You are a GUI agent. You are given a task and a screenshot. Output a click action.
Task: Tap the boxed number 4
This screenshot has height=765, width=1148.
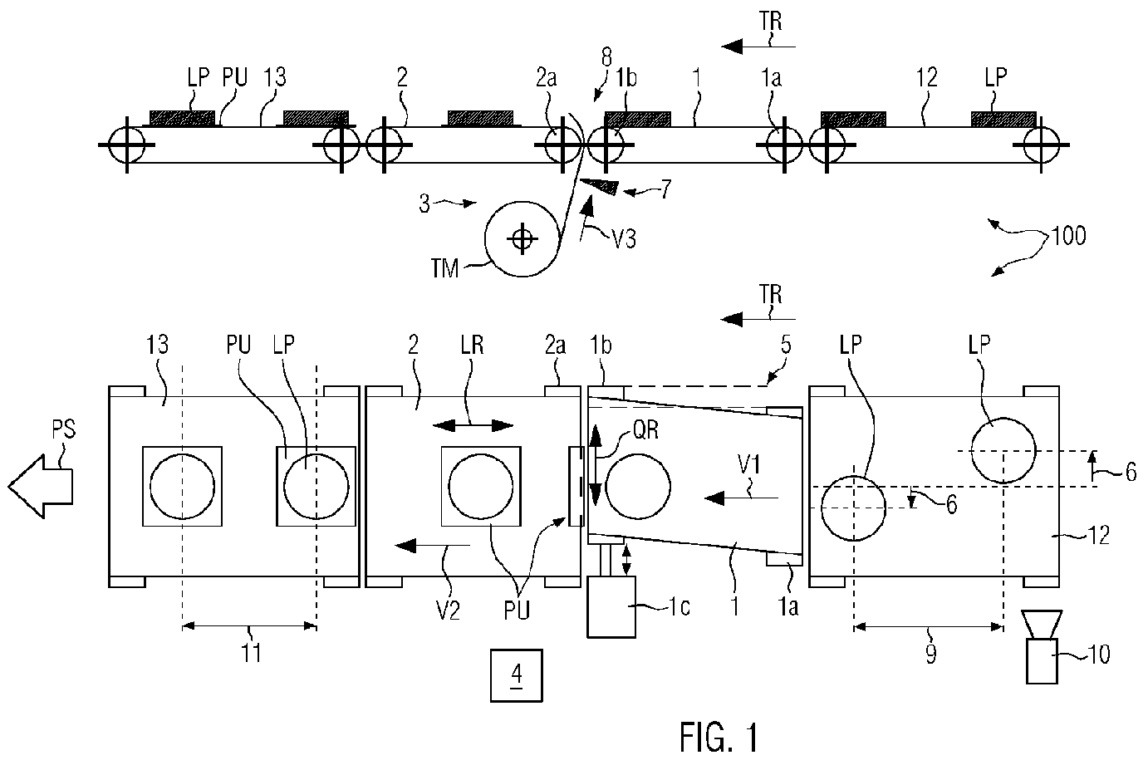tap(516, 674)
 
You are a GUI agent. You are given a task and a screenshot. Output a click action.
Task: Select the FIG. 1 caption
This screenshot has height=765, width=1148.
tap(718, 736)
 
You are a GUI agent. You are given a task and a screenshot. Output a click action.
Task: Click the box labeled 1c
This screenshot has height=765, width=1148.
tap(611, 607)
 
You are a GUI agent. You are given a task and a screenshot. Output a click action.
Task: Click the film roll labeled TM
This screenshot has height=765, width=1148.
tap(522, 239)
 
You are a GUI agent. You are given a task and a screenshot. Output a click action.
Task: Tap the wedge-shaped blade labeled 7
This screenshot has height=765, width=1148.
tap(601, 185)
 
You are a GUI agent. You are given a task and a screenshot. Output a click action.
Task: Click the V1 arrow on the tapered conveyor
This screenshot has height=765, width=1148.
tap(741, 498)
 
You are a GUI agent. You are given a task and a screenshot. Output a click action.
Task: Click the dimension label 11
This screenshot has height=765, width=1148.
tap(251, 653)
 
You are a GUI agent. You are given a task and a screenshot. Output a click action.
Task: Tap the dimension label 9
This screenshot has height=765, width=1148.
tap(930, 654)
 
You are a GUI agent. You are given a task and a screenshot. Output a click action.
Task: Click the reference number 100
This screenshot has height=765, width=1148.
tap(1068, 236)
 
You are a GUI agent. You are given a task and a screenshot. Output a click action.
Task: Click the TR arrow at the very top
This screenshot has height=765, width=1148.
tap(758, 46)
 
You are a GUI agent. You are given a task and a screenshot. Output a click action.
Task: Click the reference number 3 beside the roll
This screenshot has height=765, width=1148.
tap(424, 203)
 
